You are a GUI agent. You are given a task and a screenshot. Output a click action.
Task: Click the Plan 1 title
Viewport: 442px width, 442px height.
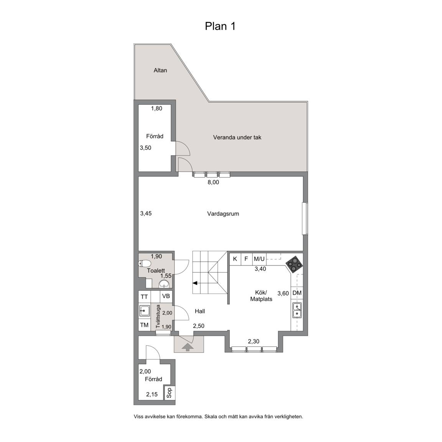tap(220, 26)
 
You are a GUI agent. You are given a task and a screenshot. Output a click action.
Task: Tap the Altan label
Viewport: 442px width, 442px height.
tap(160, 70)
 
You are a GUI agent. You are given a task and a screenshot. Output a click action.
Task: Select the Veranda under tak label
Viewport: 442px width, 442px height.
tap(237, 138)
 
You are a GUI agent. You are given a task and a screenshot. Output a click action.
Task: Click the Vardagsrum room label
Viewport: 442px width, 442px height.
tap(223, 214)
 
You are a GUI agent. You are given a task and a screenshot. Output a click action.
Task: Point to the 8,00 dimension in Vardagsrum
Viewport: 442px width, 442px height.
tap(213, 182)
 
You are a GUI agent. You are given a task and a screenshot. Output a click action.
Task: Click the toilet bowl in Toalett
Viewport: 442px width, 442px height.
tap(145, 264)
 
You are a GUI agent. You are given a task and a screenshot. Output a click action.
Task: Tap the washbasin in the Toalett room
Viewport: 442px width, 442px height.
tap(164, 284)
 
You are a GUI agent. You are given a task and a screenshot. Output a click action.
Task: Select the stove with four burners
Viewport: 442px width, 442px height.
tap(294, 264)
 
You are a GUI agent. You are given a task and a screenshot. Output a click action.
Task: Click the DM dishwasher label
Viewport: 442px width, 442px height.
tap(297, 293)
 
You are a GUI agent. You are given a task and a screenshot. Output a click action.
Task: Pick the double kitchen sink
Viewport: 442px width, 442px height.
tap(297, 310)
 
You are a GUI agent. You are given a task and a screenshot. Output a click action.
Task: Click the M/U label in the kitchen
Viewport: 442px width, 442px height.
tap(259, 259)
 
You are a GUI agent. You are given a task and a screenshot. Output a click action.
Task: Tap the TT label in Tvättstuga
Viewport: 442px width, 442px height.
tap(144, 297)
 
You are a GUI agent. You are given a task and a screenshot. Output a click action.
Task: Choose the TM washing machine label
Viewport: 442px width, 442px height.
tap(144, 325)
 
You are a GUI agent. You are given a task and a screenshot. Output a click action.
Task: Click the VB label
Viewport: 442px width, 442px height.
tap(166, 296)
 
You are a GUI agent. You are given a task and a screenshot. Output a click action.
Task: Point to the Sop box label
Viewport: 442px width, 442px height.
tap(169, 393)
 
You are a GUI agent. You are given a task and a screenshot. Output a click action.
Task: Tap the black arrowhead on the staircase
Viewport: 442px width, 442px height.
tap(195, 283)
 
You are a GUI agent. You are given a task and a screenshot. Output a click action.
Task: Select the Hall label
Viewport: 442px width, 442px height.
tap(200, 311)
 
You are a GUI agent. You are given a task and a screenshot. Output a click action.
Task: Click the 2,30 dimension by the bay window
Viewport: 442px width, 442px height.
tap(253, 341)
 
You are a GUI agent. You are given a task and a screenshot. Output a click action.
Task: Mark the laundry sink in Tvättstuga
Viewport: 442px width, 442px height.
tap(144, 311)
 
